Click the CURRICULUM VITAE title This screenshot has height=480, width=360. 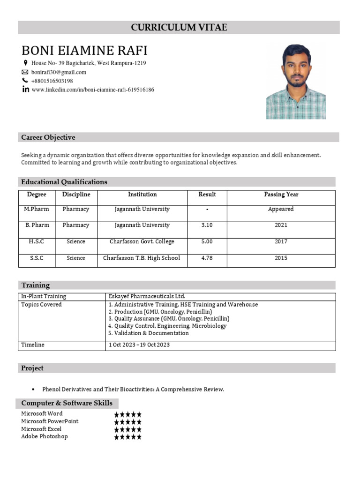[x=179, y=28]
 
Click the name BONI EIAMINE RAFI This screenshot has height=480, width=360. [x=84, y=51]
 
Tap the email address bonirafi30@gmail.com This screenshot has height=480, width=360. [x=59, y=72]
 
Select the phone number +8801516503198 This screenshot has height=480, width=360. [x=52, y=81]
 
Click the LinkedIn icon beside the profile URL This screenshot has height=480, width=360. [x=25, y=90]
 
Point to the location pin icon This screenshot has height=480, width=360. [x=25, y=63]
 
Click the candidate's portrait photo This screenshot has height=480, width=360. [x=296, y=82]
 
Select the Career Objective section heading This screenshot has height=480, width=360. [x=48, y=137]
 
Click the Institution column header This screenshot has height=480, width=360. [x=142, y=195]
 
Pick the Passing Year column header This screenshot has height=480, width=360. [x=281, y=195]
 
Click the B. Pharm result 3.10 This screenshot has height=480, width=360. [x=207, y=225]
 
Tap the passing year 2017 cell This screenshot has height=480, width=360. [x=281, y=241]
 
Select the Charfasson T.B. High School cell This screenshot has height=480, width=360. [x=142, y=258]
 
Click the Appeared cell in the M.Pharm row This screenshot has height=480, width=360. [x=281, y=209]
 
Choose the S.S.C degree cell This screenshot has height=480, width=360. [x=37, y=258]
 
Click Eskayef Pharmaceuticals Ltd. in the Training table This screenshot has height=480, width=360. [x=147, y=296]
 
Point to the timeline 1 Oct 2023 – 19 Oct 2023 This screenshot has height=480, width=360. [x=139, y=345]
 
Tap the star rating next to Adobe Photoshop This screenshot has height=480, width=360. [x=127, y=437]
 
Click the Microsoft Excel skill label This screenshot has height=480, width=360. [x=41, y=429]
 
